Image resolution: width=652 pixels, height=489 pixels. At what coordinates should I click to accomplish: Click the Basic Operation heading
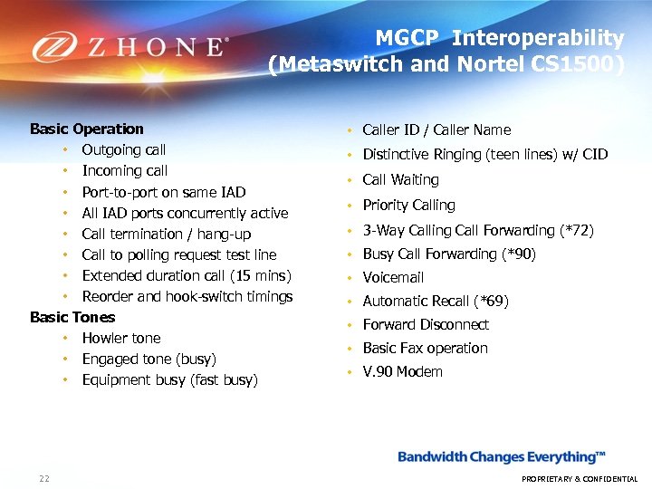click(87, 129)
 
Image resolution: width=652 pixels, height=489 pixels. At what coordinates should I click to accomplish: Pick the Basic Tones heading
click(72, 317)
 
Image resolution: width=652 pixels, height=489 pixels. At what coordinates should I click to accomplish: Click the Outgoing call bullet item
click(124, 149)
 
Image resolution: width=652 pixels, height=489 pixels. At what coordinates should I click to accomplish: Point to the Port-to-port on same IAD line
click(164, 192)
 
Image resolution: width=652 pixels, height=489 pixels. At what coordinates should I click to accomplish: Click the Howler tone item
click(121, 338)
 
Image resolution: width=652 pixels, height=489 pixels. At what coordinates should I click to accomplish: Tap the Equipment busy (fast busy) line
click(170, 379)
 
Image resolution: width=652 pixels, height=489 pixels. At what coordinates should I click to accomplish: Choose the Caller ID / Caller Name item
click(436, 129)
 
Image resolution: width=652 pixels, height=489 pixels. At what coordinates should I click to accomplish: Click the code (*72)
click(577, 230)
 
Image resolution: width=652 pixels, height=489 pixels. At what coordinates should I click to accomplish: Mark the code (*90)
click(519, 254)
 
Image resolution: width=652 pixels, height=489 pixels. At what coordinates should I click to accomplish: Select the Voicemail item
click(393, 277)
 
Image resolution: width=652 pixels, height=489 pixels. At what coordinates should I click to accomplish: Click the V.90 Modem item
click(403, 371)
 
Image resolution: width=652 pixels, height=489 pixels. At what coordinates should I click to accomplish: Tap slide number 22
click(43, 478)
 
